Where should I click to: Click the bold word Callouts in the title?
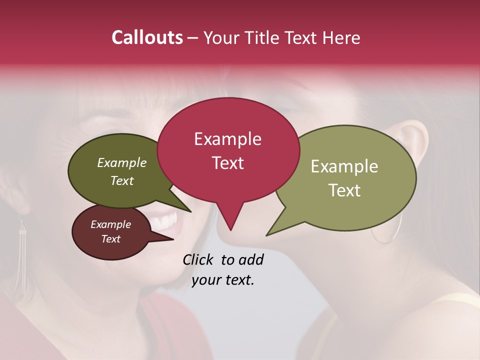(147, 37)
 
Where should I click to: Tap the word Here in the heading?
(341, 37)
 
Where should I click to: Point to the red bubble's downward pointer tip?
(230, 229)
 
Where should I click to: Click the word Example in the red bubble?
(228, 139)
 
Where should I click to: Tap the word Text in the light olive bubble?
(344, 190)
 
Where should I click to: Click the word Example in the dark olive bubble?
(122, 162)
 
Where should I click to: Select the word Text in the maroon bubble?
(111, 239)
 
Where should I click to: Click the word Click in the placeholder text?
(198, 259)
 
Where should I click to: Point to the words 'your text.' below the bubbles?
(223, 280)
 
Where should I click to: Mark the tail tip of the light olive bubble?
(268, 234)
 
